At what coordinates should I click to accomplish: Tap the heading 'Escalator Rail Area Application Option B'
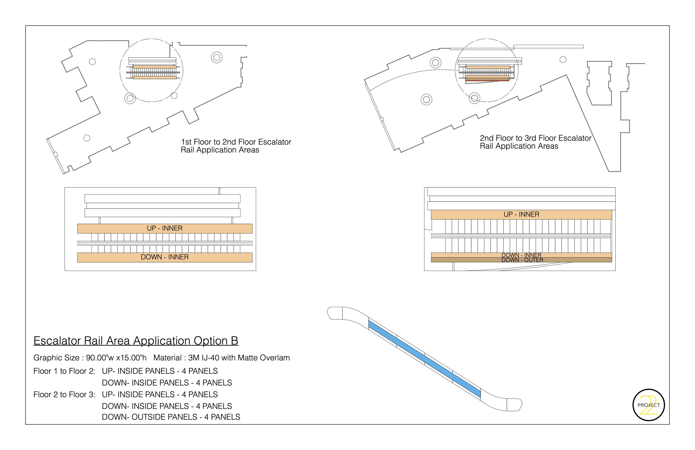[x=136, y=341]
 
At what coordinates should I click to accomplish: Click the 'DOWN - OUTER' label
[x=522, y=260]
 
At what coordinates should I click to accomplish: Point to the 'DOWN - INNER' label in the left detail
[x=165, y=257]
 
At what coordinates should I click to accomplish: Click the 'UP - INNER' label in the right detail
[x=521, y=214]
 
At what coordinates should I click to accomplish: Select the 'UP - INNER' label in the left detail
[x=165, y=228]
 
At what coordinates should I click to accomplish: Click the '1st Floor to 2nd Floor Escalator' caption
[x=236, y=142]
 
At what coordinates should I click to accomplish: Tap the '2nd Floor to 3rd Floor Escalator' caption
[x=535, y=138]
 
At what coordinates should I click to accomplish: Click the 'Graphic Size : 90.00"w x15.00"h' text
[x=90, y=358]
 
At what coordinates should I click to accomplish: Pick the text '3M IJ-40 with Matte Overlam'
[x=239, y=358]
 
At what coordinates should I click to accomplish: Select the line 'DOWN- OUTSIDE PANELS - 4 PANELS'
[x=171, y=417]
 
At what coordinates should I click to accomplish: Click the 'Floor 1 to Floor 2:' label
[x=64, y=371]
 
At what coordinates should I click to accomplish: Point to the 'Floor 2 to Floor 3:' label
[x=64, y=394]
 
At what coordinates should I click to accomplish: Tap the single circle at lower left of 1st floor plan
[x=87, y=138]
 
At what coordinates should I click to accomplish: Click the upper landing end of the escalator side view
[x=335, y=313]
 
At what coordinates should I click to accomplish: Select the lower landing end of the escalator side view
[x=515, y=405]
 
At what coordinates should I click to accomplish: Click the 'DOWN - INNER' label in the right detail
[x=521, y=255]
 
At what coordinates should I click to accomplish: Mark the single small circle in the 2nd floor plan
[x=563, y=60]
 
